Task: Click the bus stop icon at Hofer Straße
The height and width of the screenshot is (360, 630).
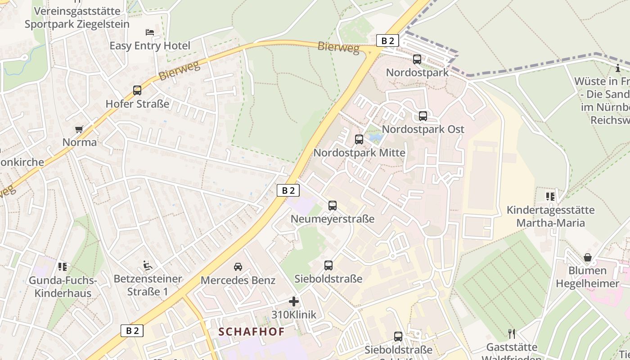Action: click(137, 90)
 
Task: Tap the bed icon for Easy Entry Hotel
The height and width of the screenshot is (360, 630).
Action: click(150, 32)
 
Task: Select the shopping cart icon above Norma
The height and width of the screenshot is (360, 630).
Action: click(79, 130)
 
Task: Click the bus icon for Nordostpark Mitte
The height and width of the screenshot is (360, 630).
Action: click(359, 139)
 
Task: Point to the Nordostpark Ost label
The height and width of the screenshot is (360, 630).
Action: click(423, 129)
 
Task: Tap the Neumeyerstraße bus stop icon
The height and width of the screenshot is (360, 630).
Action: click(333, 206)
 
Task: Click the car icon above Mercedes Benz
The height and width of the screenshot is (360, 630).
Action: click(238, 267)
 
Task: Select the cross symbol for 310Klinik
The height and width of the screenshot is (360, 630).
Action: click(294, 301)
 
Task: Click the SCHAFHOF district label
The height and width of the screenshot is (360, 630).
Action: click(252, 332)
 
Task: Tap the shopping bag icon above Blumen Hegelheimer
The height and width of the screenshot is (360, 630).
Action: click(588, 257)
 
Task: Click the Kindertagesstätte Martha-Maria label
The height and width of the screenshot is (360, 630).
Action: click(550, 216)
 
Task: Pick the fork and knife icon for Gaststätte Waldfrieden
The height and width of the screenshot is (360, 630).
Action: click(511, 334)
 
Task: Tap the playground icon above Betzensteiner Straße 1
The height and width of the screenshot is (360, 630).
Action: click(148, 265)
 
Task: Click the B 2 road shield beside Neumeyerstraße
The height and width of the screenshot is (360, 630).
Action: click(288, 190)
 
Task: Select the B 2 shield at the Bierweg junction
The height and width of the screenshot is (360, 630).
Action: click(387, 41)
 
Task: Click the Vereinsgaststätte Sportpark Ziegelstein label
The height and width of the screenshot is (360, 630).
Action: click(77, 18)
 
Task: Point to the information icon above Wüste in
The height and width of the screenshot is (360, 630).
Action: click(618, 68)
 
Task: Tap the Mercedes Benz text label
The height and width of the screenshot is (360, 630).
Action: click(238, 280)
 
